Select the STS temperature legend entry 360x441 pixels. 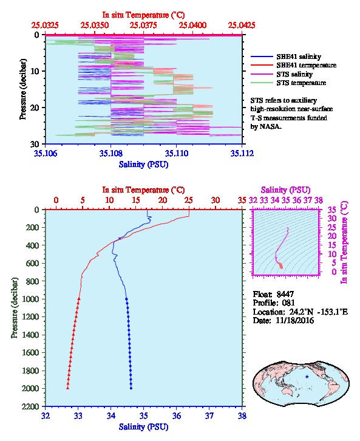point(288,83)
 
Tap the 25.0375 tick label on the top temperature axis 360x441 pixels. point(143,26)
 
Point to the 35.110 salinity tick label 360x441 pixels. point(177,153)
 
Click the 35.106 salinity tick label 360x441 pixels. point(46,153)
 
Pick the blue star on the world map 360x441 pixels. point(307,377)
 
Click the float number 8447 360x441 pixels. point(285,294)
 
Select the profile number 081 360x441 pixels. point(288,303)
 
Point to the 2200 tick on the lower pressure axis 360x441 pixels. point(30,406)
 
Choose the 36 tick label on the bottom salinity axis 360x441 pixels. point(177,415)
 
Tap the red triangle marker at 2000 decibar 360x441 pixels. point(68,388)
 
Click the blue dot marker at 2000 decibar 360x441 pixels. point(131,388)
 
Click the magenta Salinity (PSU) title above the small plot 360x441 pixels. point(285,190)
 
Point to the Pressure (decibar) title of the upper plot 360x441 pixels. point(23,89)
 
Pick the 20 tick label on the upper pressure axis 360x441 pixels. point(35,108)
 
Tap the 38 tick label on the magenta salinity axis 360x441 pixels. point(318,200)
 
